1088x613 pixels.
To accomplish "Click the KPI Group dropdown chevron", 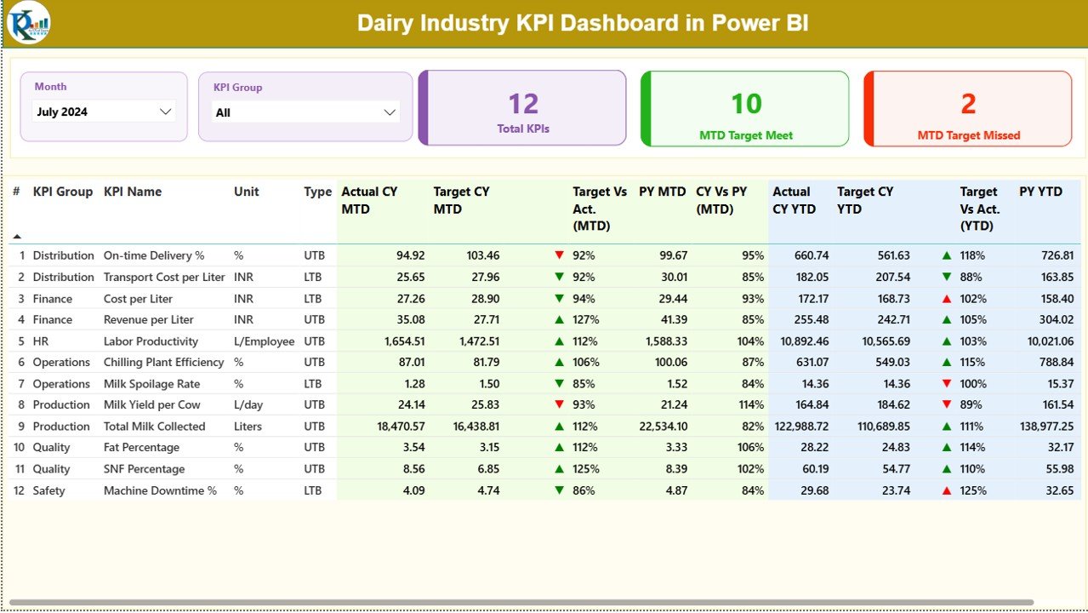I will (x=390, y=112).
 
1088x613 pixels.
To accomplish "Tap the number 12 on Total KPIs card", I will (x=523, y=104).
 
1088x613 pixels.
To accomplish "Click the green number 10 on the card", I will (x=746, y=104).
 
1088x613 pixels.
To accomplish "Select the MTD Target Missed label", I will (x=968, y=135).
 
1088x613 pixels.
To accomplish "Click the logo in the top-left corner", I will (x=28, y=22).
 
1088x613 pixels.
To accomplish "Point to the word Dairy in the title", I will (x=387, y=23).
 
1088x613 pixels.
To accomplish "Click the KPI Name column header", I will (x=133, y=192).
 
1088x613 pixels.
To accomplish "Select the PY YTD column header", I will (x=1040, y=192).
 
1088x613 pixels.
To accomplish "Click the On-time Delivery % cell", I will (x=154, y=255).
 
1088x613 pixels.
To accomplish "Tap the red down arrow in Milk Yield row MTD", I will (x=559, y=404).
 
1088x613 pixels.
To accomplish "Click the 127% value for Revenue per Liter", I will (x=585, y=320).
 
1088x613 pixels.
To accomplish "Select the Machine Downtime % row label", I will (x=160, y=490).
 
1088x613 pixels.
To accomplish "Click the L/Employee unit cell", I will (x=264, y=341).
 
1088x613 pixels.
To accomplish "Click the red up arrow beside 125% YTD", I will (x=947, y=490).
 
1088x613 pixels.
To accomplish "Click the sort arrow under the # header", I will (x=16, y=236).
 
